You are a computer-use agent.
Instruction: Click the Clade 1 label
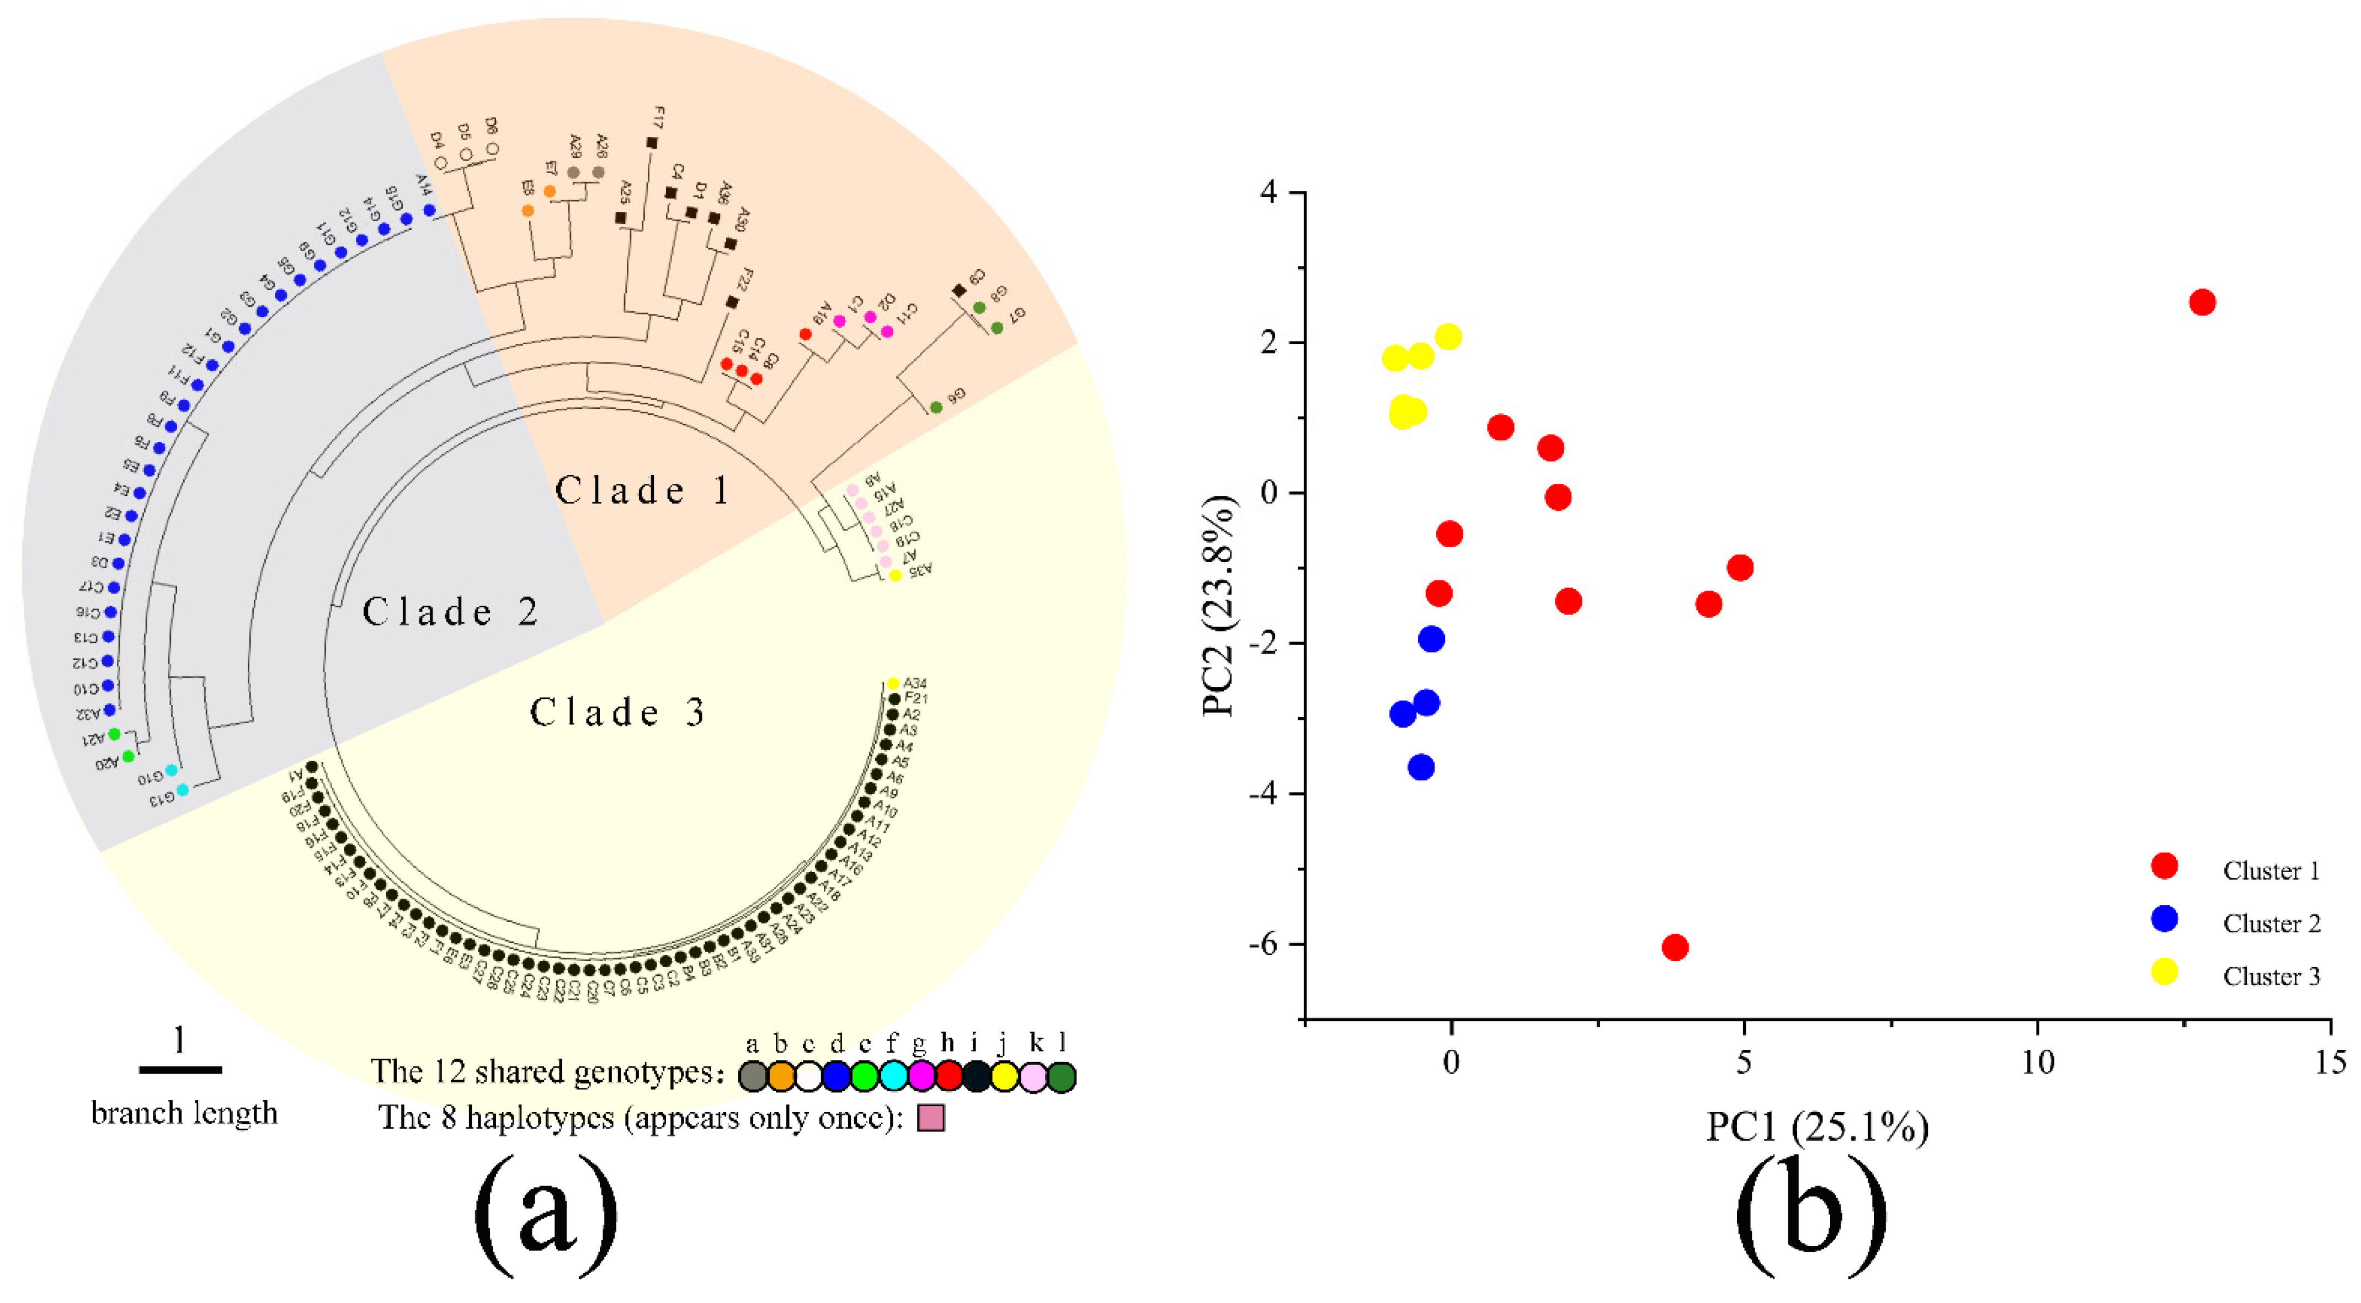[x=642, y=491]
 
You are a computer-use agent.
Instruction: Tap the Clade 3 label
[x=617, y=712]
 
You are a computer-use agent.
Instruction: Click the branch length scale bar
[x=180, y=1069]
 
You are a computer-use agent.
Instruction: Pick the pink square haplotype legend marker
[x=931, y=1118]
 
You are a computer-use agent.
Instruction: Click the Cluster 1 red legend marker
[x=2164, y=867]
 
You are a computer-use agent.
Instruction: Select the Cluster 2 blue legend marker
[x=2164, y=919]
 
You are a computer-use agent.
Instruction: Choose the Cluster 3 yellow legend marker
[x=2164, y=972]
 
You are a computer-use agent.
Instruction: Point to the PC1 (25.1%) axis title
[x=1816, y=1126]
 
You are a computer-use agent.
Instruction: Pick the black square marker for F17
[x=652, y=143]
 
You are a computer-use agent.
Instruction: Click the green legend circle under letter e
[x=864, y=1077]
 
